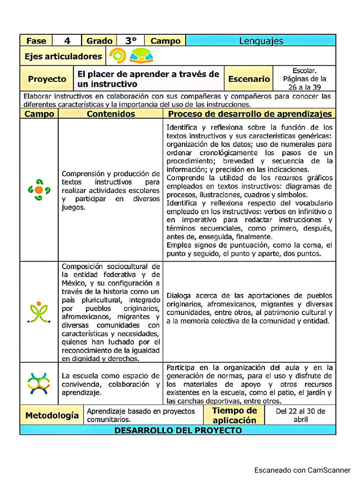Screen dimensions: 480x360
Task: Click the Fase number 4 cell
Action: tap(67, 41)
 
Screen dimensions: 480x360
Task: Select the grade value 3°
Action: tap(130, 41)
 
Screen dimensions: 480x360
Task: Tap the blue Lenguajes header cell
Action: tap(261, 41)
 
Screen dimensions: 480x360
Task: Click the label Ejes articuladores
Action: tap(63, 56)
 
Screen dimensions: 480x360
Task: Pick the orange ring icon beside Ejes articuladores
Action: tap(117, 56)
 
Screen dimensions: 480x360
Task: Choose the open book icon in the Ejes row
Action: tap(141, 56)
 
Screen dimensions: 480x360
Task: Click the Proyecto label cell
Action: tap(47, 79)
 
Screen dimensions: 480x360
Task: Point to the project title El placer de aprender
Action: tap(148, 79)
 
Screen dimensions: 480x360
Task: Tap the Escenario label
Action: tap(249, 79)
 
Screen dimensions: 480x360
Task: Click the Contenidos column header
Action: tap(111, 114)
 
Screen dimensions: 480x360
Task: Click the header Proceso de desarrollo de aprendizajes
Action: tap(250, 114)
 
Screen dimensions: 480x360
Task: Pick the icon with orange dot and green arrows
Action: tap(39, 190)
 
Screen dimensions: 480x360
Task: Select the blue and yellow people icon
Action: tap(39, 383)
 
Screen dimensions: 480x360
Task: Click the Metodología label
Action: tap(52, 415)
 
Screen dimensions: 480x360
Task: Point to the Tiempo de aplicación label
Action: tap(234, 415)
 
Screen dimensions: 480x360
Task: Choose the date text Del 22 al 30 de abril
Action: tap(300, 415)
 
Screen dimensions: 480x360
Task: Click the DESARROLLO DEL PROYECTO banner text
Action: tap(178, 430)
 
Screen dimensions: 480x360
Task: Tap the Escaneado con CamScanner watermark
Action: tap(302, 470)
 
